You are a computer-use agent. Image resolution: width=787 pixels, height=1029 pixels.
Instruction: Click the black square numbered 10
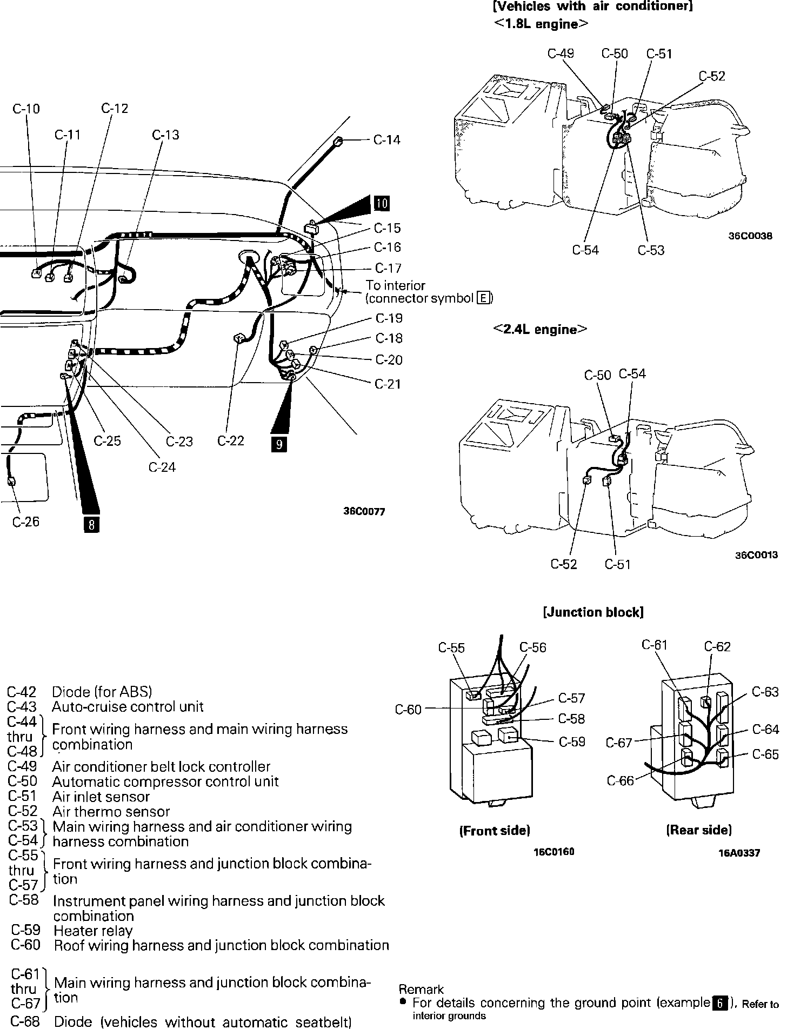[382, 203]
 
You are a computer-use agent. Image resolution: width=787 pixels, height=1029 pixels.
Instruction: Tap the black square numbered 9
[279, 444]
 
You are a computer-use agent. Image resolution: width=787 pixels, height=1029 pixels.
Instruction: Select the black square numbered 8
[91, 524]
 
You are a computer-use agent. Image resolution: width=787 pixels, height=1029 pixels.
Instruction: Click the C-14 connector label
[387, 140]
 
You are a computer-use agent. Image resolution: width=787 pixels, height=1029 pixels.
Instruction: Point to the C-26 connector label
[26, 522]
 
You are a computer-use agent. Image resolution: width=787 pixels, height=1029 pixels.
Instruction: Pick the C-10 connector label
[26, 109]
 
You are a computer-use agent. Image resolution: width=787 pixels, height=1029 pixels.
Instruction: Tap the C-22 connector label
[231, 441]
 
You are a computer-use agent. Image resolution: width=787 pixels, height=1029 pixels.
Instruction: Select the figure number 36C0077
[364, 511]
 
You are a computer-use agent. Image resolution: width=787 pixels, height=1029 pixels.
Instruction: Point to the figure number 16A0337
[739, 853]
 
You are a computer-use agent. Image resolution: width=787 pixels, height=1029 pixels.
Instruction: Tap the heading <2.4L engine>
[540, 330]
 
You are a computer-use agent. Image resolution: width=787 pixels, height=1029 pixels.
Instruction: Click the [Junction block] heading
[593, 612]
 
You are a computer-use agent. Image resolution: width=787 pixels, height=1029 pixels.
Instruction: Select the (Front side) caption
[495, 830]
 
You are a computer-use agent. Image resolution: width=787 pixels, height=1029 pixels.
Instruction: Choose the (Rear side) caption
[699, 830]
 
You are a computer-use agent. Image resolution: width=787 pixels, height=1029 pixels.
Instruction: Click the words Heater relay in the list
[93, 930]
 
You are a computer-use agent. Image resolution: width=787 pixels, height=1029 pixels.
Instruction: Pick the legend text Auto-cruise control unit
[128, 706]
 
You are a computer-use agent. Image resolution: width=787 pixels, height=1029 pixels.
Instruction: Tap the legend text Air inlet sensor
[101, 797]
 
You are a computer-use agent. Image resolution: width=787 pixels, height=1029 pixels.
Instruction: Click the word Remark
[421, 990]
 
